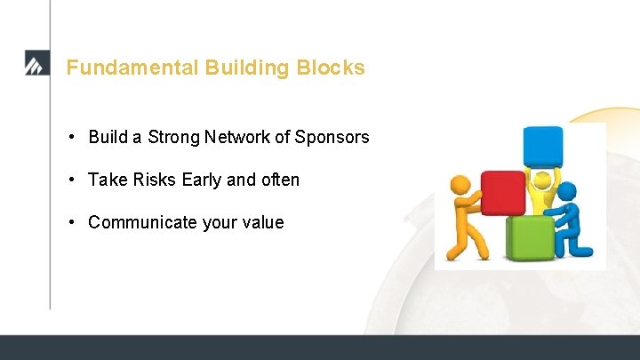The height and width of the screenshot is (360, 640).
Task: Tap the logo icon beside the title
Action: (x=36, y=64)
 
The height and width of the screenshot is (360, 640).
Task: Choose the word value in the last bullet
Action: (x=261, y=222)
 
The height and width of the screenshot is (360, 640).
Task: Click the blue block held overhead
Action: (x=542, y=146)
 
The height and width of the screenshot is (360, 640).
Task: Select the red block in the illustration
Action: (x=502, y=192)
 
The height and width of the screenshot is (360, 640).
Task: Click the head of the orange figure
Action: (x=460, y=185)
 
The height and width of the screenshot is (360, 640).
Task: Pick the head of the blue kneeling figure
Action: (x=567, y=192)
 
